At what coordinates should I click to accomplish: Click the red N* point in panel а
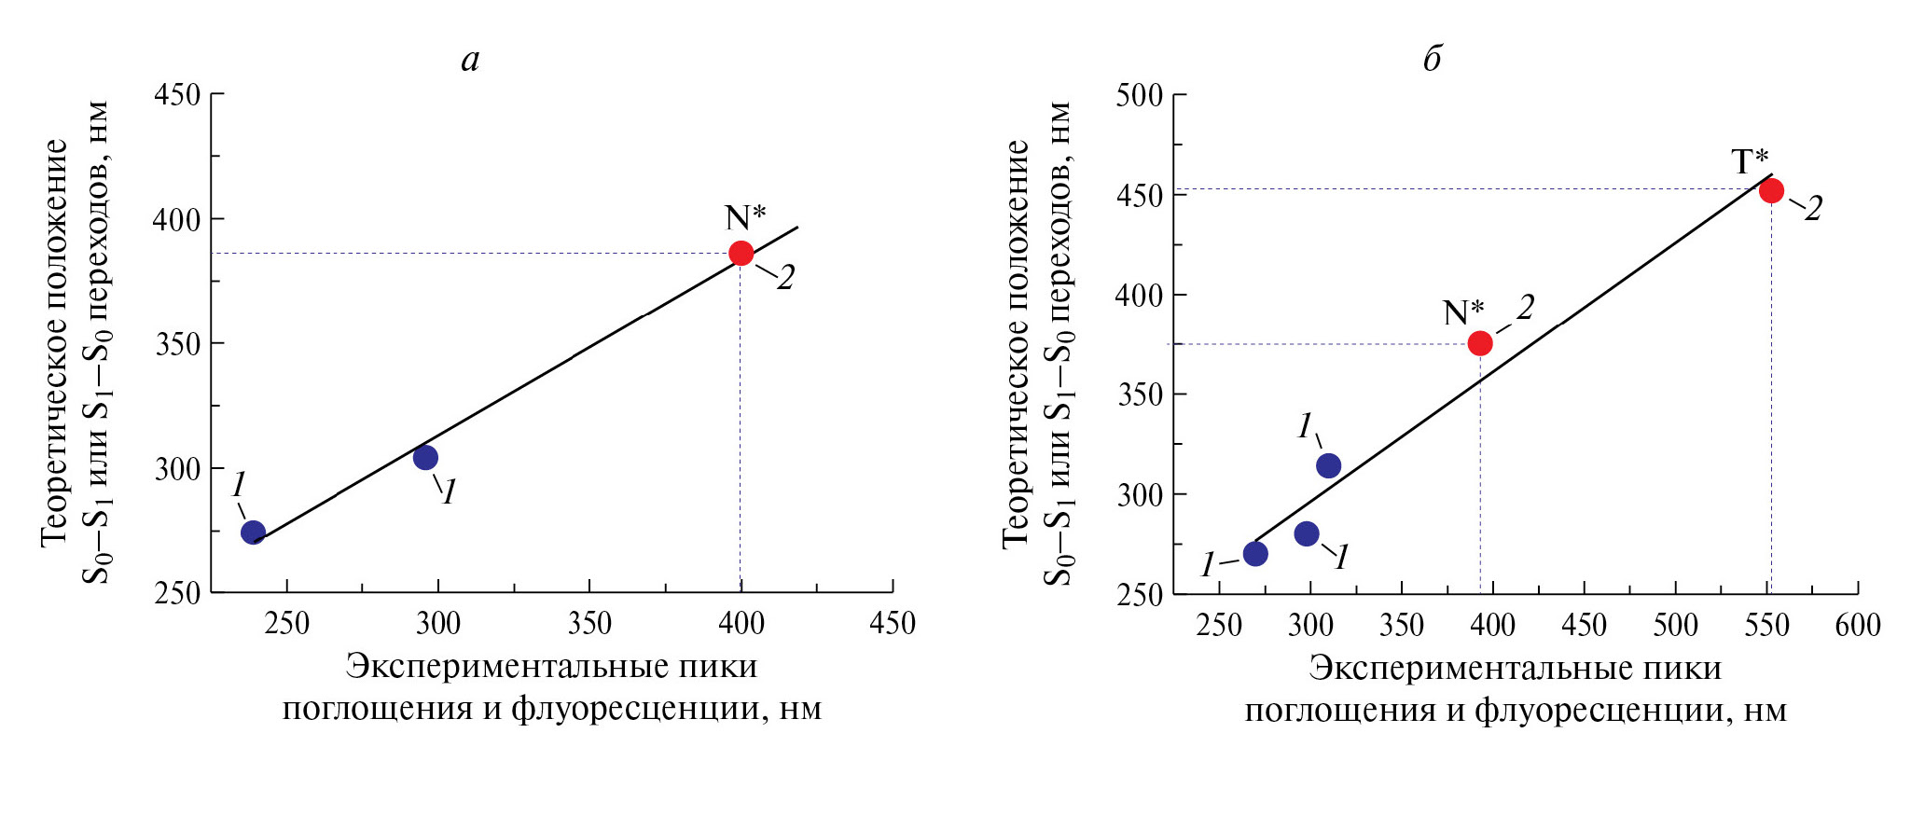coord(741,253)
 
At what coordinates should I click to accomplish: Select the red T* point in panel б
coord(1771,190)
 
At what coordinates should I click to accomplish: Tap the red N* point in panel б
coord(1480,343)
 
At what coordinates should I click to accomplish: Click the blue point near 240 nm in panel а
coord(253,532)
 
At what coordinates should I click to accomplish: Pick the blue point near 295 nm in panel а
coord(425,457)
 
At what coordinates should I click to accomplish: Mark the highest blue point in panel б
coord(1328,465)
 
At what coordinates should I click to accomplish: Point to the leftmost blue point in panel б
coord(1255,554)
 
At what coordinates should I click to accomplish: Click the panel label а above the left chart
coord(470,60)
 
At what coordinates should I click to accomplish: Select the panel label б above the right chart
coord(1433,59)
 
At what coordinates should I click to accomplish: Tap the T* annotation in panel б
coord(1751,161)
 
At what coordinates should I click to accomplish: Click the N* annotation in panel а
coord(745,217)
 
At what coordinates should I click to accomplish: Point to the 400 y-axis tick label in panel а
coord(177,220)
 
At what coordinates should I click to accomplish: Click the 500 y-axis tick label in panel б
coord(1139,95)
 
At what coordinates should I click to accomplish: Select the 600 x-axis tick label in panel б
coord(1857,625)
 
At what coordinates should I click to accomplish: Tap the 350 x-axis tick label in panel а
coord(589,623)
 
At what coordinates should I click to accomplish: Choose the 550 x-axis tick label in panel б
coord(1766,625)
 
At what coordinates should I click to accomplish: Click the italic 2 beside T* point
coord(1812,209)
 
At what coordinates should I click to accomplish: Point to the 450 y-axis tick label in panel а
coord(177,95)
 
